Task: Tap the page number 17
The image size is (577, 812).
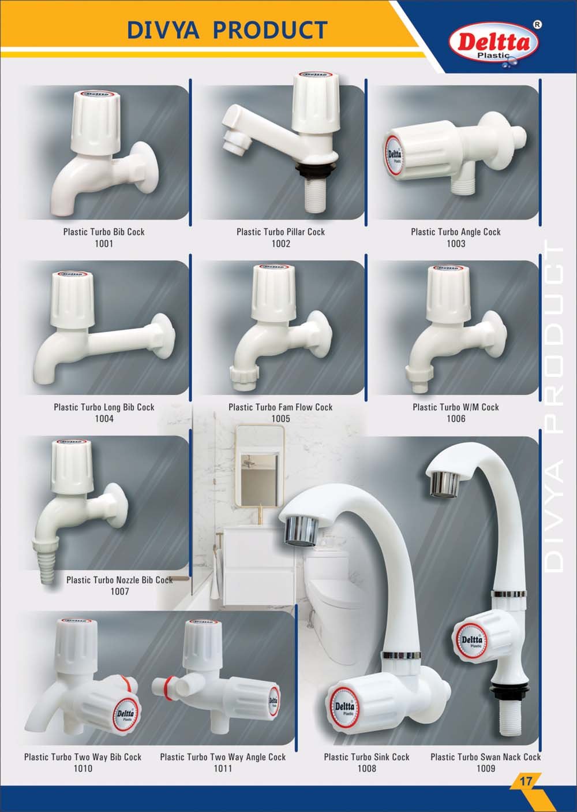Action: (526, 780)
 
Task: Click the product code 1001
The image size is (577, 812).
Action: (104, 244)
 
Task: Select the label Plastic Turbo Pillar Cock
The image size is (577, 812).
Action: (281, 232)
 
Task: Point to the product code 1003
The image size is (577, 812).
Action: (456, 244)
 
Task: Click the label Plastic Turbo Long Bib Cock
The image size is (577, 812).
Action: (104, 407)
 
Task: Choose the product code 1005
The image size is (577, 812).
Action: (281, 419)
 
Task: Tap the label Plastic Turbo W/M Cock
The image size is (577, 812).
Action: (456, 407)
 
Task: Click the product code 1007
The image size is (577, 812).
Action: (119, 591)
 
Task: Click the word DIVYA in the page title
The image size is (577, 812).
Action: (163, 29)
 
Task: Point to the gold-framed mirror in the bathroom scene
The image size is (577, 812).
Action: (260, 466)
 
